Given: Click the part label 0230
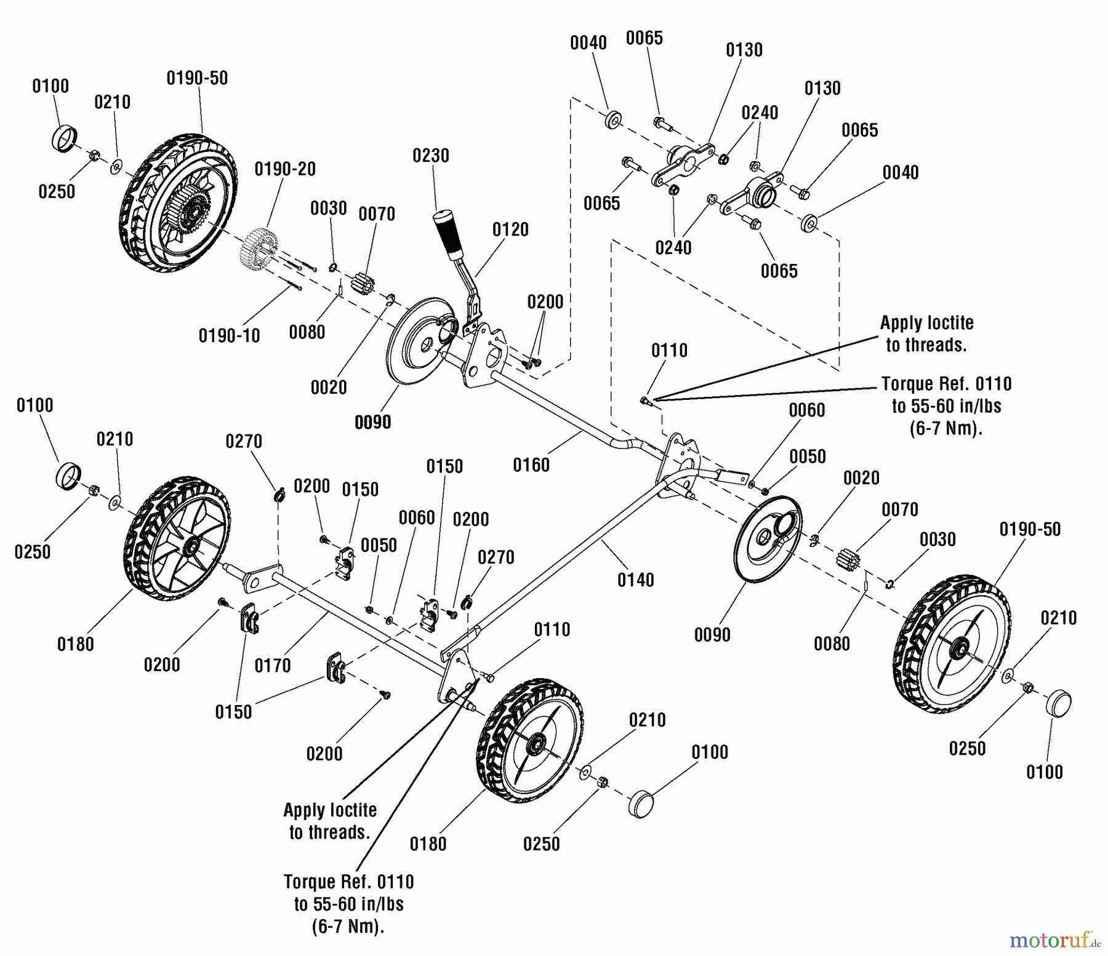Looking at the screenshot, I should point(431,156).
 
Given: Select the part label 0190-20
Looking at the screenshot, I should point(285,169).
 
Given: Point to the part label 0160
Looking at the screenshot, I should point(531,464).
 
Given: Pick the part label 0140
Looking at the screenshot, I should point(636,580).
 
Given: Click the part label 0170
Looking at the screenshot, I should point(273,665).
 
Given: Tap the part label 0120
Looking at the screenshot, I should point(510,229).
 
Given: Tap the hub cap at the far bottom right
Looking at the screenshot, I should point(1058,703).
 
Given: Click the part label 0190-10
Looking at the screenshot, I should point(229,336).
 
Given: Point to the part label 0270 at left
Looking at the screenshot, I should point(244,441).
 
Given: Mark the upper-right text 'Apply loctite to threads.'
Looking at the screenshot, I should point(926,333).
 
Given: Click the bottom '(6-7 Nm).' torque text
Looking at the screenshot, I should point(348,926).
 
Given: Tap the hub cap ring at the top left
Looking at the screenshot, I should point(63,138).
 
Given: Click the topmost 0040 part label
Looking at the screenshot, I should point(588,42).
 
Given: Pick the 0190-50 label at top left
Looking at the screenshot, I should point(197,78).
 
